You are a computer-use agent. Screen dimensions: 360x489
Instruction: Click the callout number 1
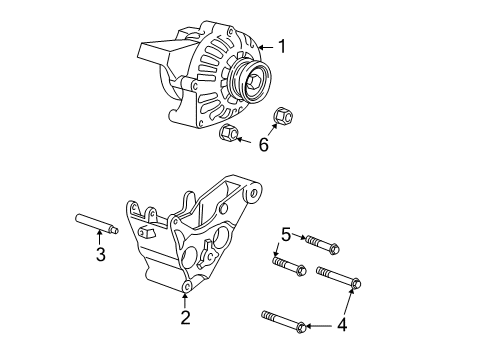(x=281, y=46)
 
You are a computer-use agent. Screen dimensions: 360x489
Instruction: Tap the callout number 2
(x=185, y=319)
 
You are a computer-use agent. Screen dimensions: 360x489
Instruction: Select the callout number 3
(x=100, y=254)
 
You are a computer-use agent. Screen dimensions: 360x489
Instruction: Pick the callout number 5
(x=285, y=235)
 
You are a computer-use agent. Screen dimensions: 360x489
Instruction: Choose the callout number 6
(x=264, y=145)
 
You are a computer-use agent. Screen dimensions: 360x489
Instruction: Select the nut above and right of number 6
(x=283, y=116)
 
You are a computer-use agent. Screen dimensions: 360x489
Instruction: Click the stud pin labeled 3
(x=95, y=225)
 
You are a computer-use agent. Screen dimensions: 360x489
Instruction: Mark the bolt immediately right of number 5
(x=319, y=243)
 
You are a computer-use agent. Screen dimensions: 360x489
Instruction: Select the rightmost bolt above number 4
(x=338, y=278)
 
